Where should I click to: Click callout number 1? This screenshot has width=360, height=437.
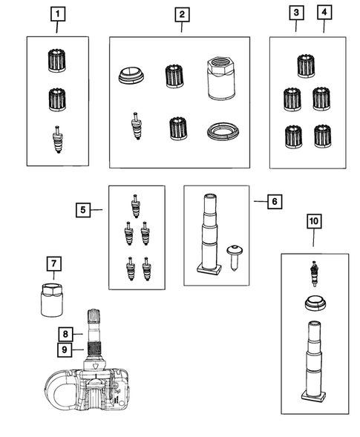[58, 14]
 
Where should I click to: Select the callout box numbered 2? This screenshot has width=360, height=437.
[182, 15]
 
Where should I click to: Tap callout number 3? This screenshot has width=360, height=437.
[296, 13]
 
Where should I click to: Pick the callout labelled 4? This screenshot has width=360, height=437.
[324, 13]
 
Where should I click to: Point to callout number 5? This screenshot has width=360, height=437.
[83, 210]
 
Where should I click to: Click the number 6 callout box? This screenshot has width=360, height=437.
[275, 202]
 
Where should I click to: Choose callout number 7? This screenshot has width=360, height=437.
[54, 263]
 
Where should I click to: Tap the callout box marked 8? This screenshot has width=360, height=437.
[65, 334]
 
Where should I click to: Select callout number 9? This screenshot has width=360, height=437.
[65, 349]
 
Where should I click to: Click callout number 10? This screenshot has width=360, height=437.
[314, 221]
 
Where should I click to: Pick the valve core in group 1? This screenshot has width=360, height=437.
[58, 139]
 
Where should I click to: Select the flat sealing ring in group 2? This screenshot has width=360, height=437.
[223, 131]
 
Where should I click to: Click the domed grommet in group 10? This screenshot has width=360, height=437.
[315, 303]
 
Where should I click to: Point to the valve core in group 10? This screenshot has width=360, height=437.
[315, 274]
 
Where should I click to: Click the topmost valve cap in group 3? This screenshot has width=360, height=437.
[306, 66]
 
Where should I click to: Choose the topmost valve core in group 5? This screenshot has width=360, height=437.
[135, 206]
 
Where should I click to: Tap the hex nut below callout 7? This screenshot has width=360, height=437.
[52, 300]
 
